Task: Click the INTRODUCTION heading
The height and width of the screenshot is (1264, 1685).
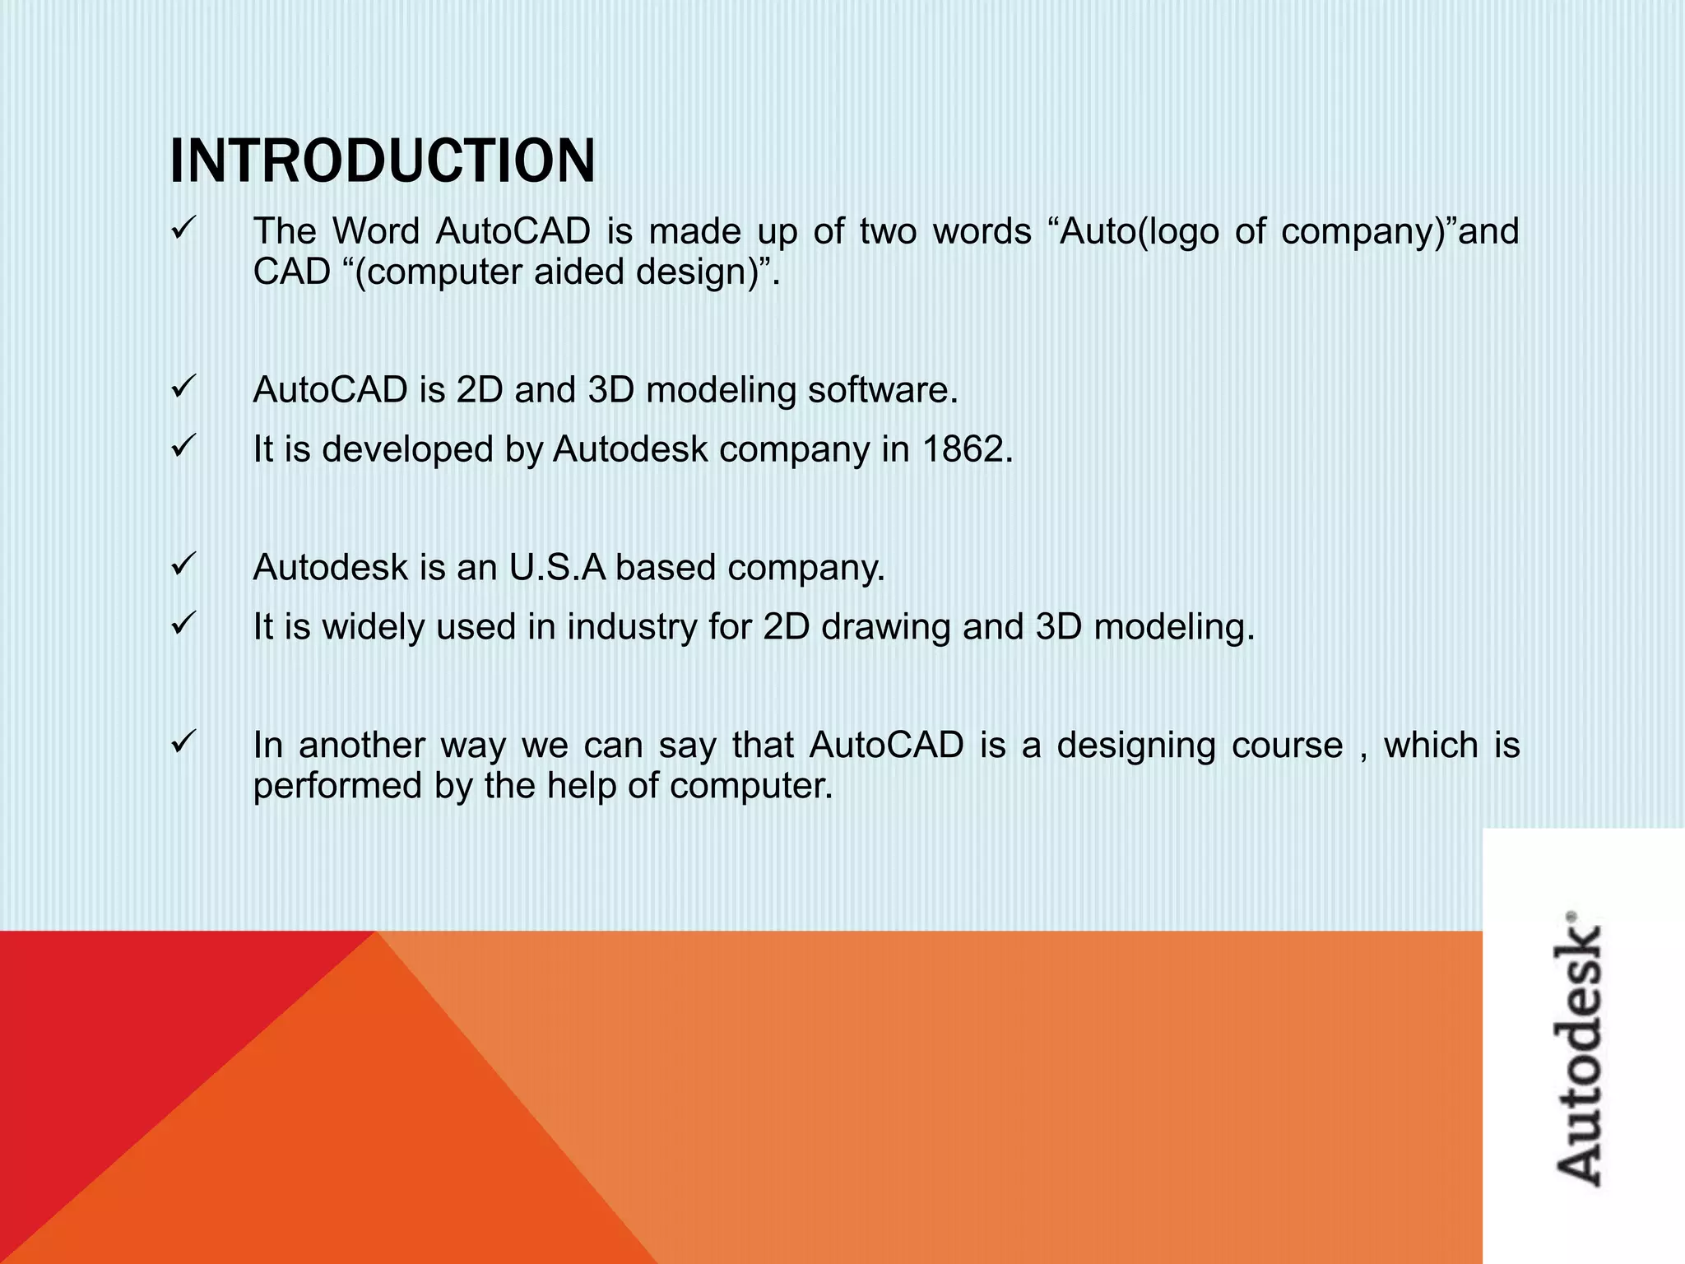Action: (383, 161)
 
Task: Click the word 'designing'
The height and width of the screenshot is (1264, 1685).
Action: (1135, 746)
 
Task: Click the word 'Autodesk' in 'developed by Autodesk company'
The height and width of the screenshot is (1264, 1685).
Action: (629, 449)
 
